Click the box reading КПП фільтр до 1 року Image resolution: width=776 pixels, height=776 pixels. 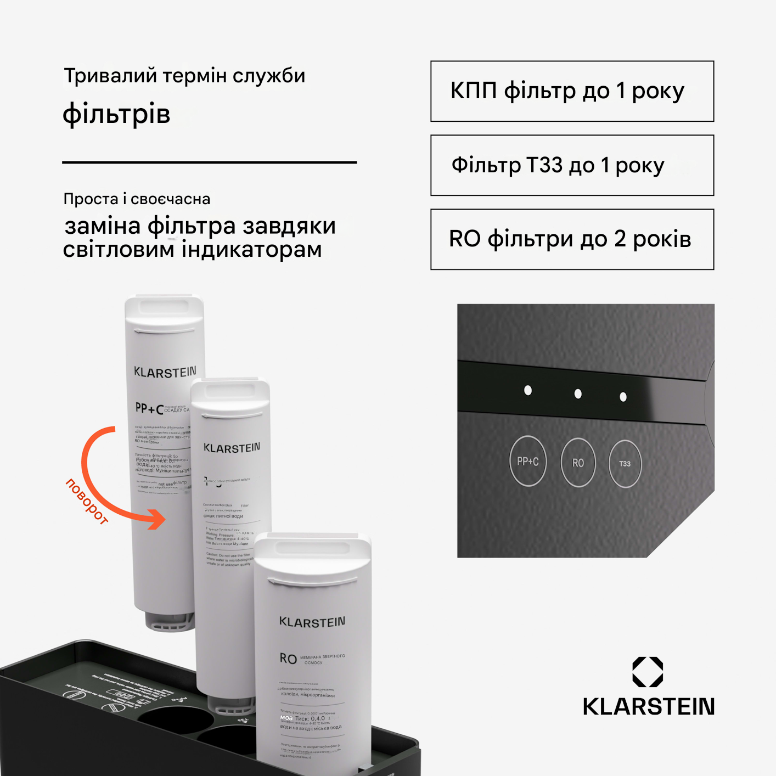[572, 91]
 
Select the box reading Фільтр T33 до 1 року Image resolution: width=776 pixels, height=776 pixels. [572, 165]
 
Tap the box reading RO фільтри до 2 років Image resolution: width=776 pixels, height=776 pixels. [572, 239]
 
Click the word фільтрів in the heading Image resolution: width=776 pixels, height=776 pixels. [116, 114]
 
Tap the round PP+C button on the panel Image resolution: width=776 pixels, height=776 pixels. [528, 462]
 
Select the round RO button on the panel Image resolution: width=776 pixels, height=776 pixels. [578, 463]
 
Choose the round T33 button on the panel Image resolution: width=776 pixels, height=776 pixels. [625, 464]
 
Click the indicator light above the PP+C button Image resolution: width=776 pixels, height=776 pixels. [528, 390]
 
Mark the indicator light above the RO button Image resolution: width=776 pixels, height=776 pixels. [578, 393]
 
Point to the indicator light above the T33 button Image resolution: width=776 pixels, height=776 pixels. [623, 397]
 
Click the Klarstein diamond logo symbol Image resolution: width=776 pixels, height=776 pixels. [648, 672]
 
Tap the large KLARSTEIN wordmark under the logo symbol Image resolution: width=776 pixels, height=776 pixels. [648, 707]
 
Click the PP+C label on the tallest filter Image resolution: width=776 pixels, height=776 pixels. [149, 409]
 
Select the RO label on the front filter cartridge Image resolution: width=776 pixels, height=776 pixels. [288, 659]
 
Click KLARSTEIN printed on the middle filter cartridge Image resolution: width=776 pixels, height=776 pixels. [232, 448]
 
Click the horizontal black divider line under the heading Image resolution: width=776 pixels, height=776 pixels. [209, 162]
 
